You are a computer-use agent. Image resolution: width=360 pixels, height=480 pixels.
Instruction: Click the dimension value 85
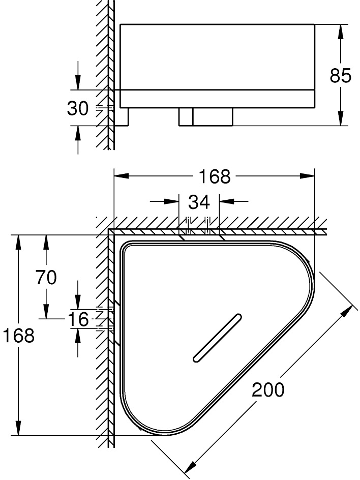coord(340,76)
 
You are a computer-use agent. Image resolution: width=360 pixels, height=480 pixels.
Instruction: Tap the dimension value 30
coord(78,108)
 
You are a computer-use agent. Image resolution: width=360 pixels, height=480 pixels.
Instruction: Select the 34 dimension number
coord(199,202)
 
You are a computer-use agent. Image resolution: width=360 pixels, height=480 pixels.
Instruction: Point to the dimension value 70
coord(46,278)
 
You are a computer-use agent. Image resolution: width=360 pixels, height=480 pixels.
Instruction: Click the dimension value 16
coord(78,319)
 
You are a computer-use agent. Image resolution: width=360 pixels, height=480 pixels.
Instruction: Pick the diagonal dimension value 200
coord(268,390)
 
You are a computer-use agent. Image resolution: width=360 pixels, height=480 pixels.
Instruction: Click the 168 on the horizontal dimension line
coord(214,176)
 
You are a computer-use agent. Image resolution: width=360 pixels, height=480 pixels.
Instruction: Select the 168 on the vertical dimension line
coord(18,335)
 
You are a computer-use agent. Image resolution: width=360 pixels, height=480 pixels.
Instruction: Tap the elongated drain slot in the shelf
coord(216,339)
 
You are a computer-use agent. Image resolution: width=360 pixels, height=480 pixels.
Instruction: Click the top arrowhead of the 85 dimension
coord(340,29)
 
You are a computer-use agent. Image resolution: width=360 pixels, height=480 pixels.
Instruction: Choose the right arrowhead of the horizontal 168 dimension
coord(308,176)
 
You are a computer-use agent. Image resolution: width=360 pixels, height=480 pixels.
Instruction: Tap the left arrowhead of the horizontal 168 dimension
coord(121,176)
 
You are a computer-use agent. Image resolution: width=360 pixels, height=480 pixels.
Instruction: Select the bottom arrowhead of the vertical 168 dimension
coord(19,429)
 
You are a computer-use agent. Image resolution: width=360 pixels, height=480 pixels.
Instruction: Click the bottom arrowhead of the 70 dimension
coord(46,312)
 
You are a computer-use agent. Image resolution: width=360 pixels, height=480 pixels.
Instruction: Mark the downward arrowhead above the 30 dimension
coord(78,83)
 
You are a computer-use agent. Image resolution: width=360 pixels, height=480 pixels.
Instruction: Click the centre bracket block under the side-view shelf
coord(206,116)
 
